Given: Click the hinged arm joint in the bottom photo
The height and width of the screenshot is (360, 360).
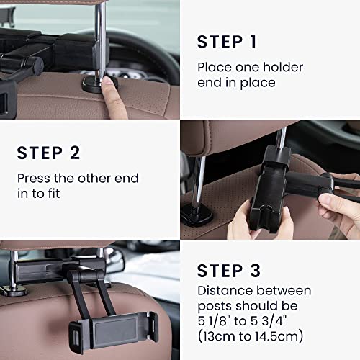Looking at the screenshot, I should coord(74,277).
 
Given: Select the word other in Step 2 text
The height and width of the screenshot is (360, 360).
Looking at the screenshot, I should coord(86,178).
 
